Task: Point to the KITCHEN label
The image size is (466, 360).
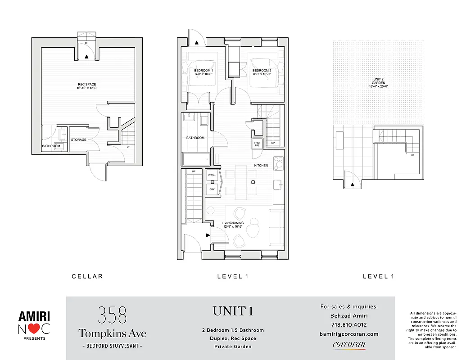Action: click(261, 166)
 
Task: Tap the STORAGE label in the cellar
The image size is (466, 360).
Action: click(78, 140)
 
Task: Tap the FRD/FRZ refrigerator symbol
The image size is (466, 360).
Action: click(257, 144)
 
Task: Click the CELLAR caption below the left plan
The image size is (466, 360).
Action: click(87, 276)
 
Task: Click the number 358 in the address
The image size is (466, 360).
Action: click(112, 315)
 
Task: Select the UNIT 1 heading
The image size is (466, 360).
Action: click(233, 311)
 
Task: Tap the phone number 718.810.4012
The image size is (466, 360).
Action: click(348, 324)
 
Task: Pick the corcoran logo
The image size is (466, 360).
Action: click(349, 345)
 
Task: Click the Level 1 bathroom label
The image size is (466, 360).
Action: click(195, 138)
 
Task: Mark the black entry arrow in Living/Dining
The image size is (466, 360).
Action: click(208, 235)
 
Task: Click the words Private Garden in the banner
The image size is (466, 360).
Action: click(233, 346)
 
